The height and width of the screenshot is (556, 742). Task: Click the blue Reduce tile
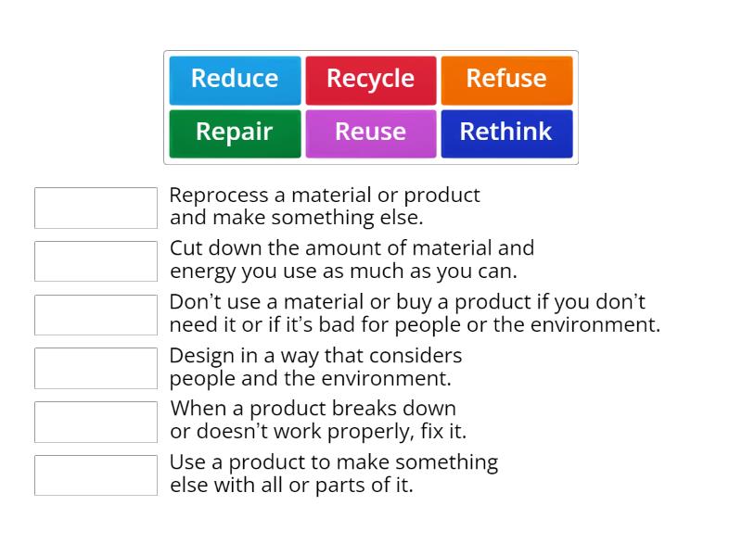click(235, 80)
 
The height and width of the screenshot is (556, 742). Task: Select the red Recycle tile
click(370, 80)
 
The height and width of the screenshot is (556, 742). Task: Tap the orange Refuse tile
click(506, 80)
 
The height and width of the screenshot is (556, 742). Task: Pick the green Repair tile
click(235, 133)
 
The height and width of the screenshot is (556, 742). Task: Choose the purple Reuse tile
click(370, 133)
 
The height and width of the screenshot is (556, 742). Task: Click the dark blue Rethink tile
click(506, 133)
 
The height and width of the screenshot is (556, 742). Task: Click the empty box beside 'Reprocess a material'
click(96, 208)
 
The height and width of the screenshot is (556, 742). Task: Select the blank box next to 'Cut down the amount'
click(96, 261)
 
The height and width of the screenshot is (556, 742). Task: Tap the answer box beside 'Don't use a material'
click(96, 315)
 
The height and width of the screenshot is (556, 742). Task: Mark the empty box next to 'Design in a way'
click(96, 368)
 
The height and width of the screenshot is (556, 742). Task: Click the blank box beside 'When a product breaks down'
click(96, 422)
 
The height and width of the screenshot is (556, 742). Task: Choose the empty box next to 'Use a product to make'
click(96, 475)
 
